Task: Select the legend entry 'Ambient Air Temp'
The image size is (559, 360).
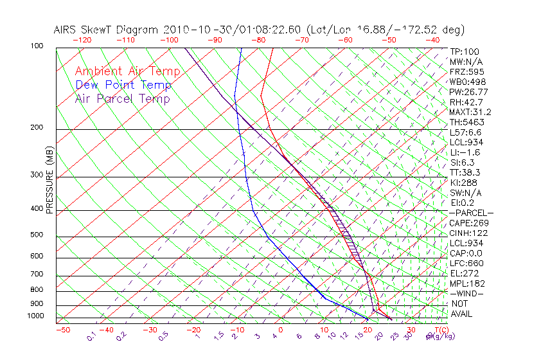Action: point(127,71)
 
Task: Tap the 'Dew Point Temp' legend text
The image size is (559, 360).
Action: point(123,85)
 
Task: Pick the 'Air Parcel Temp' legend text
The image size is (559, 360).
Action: point(122,98)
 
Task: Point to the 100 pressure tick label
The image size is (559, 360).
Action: point(37,46)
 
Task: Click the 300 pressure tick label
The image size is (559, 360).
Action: point(37,175)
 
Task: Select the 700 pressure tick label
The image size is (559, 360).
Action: point(37,274)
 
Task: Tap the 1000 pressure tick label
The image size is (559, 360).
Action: point(35,316)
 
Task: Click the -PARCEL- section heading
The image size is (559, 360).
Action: point(471,213)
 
